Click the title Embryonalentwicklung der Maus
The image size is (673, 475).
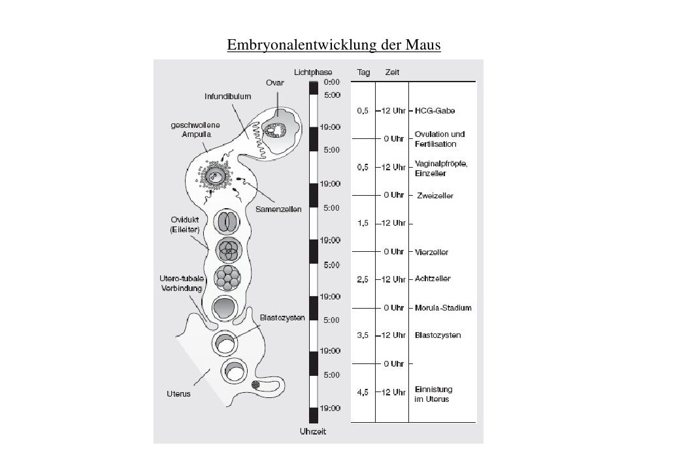(334, 46)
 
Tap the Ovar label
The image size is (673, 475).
(274, 83)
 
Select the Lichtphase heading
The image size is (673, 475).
(313, 72)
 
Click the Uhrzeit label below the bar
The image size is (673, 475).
(312, 432)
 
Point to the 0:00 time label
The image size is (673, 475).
(332, 82)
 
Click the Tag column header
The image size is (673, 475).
(363, 72)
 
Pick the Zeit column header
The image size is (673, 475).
(392, 72)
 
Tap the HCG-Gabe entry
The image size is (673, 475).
(435, 111)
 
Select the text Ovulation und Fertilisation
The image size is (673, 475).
(440, 139)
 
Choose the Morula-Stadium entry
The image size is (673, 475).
(443, 308)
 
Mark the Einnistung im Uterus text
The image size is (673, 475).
(433, 394)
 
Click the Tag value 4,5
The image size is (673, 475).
(363, 392)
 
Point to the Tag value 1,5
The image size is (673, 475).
(363, 223)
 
